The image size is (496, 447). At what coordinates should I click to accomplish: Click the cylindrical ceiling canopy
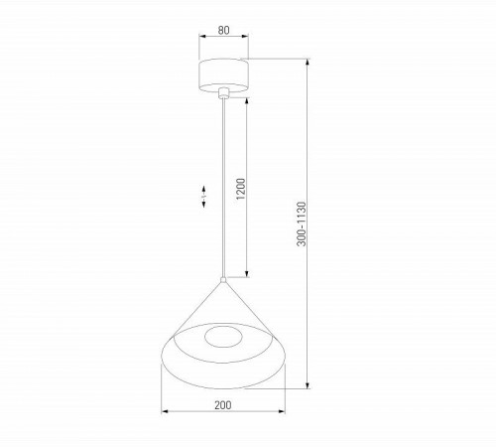[224, 74]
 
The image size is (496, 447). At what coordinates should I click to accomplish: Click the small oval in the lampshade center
[222, 336]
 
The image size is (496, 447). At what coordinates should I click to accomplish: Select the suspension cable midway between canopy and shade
[226, 189]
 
